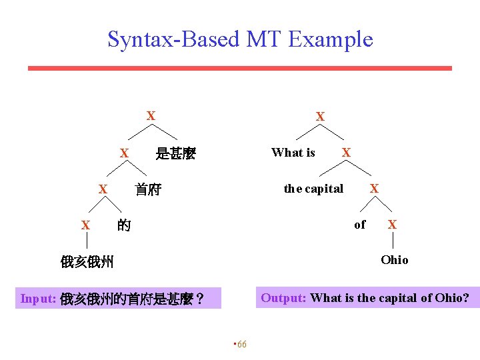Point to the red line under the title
[239, 68]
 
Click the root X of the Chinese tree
[151, 116]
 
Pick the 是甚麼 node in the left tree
[175, 154]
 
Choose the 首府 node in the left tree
[148, 189]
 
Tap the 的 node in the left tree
[123, 225]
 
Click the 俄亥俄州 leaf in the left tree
[87, 261]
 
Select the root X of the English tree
[320, 117]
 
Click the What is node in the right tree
[293, 153]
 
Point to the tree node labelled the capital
[313, 189]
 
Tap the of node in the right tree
[360, 225]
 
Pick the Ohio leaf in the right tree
[394, 259]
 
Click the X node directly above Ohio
[392, 225]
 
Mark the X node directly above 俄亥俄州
[85, 225]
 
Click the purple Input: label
[38, 299]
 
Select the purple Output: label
[283, 297]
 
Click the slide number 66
[241, 344]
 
